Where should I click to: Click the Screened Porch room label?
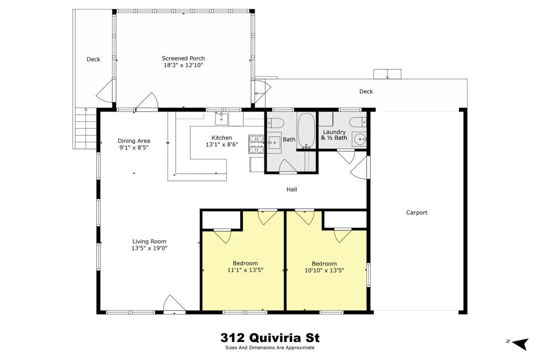point(183,58)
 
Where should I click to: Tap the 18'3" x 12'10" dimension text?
point(184,65)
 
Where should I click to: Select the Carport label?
point(417,212)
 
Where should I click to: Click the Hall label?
point(292,189)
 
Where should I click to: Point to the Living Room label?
point(149,241)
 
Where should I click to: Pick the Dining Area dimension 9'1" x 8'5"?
point(134,148)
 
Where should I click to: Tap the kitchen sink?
point(221,119)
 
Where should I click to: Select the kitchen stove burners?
point(256,144)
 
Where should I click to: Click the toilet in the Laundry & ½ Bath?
point(358,122)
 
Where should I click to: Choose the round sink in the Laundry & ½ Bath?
point(360,139)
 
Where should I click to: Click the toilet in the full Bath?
point(275,123)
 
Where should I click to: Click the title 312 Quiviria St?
point(270,337)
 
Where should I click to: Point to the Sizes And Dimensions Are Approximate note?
point(270,348)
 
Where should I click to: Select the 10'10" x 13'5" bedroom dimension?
point(324,270)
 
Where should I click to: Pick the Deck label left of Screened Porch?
point(93,59)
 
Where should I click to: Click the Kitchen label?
point(222,138)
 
